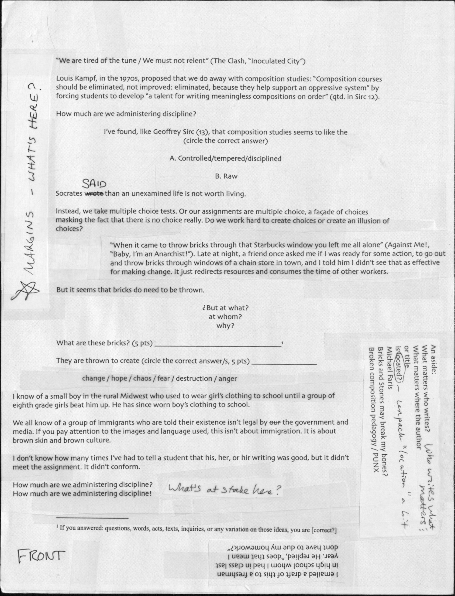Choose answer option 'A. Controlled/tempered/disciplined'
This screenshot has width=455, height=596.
point(225,159)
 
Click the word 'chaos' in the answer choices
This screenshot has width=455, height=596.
point(142,378)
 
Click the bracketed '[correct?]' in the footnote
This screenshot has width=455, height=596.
point(324,530)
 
